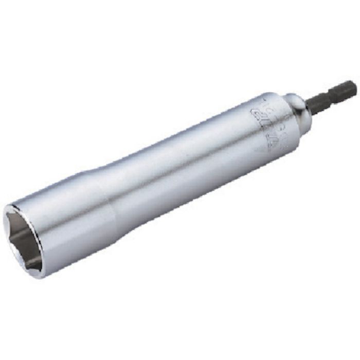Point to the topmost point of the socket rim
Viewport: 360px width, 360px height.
(x=15, y=203)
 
